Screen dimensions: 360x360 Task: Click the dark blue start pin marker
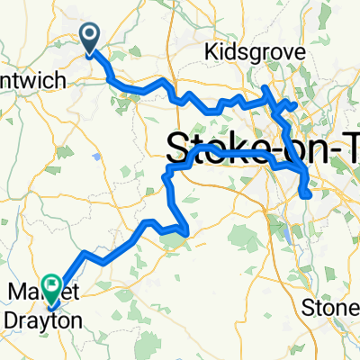coord(91,39)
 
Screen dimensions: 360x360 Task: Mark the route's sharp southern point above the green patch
coord(184,236)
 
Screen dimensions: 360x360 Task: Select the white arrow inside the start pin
coord(91,36)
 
